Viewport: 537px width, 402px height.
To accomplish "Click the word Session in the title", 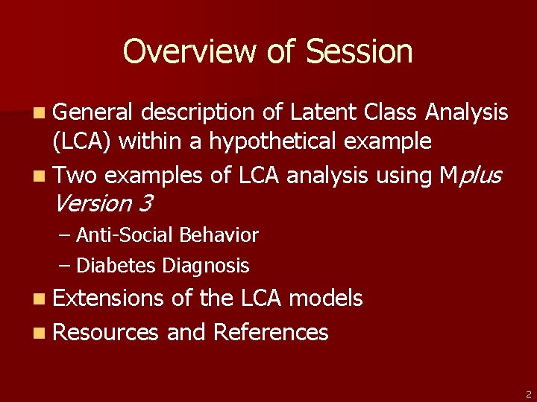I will coord(359,51).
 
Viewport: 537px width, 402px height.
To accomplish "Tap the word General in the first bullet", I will coord(93,112).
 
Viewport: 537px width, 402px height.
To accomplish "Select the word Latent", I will coord(323,112).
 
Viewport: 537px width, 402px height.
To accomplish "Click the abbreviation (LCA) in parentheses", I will coord(82,141).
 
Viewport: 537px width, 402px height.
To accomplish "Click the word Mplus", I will coord(471,176).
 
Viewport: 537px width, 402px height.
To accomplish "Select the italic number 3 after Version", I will coord(146,202).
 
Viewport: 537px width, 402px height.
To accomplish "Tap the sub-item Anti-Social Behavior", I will coord(167,235).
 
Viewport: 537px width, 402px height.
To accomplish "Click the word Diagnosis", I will coord(206,265).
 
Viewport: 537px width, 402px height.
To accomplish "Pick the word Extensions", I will coord(108,299).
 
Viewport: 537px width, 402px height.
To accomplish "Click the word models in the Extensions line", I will coord(325,299).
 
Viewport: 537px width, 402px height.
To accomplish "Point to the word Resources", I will coord(106,332).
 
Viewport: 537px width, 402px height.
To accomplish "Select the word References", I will coord(270,332).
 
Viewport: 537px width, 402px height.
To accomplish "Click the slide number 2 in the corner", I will coord(527,394).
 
